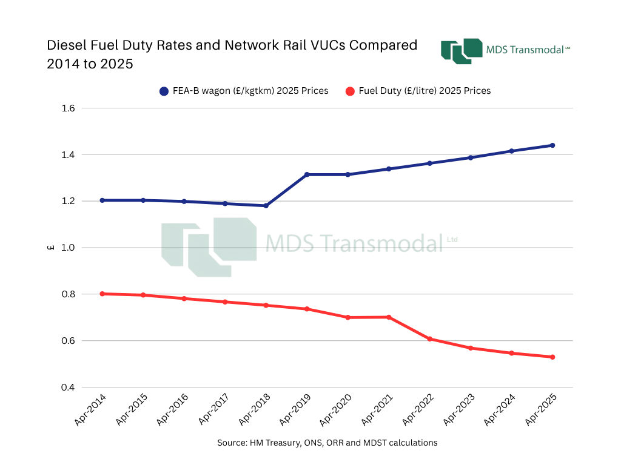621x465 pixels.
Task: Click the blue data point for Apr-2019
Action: tap(307, 174)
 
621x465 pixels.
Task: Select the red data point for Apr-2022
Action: tap(429, 339)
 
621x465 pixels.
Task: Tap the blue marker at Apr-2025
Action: tap(552, 145)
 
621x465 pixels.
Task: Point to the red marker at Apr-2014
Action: tap(102, 294)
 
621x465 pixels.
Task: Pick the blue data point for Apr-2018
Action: tap(266, 206)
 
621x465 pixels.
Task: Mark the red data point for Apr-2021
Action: tap(389, 317)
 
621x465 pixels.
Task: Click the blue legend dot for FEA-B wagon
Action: tap(164, 91)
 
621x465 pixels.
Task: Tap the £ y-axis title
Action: tap(51, 248)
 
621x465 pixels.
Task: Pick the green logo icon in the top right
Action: tap(461, 51)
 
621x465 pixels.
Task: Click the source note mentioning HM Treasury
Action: tap(327, 443)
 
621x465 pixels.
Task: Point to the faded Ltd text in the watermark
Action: tap(452, 239)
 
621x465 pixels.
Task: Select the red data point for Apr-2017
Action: tap(225, 302)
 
